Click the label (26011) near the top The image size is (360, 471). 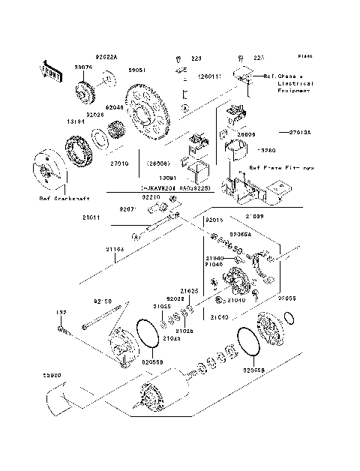(x=209, y=76)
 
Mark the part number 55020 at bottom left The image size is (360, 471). (x=52, y=375)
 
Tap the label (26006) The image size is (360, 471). (x=158, y=163)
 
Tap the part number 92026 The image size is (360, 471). (x=94, y=115)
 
